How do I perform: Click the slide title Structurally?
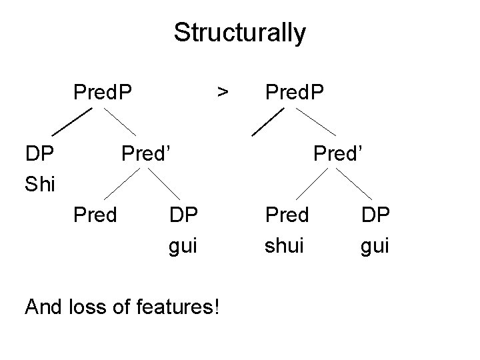point(239,32)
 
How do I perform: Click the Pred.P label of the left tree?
point(103,89)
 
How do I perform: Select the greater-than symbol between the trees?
point(224,89)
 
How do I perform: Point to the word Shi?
point(40,183)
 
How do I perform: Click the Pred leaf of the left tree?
point(96,215)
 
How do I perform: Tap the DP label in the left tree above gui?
point(183,215)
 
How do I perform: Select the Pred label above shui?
point(287,215)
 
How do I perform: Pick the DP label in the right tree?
point(375,215)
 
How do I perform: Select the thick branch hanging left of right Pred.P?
point(265,121)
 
